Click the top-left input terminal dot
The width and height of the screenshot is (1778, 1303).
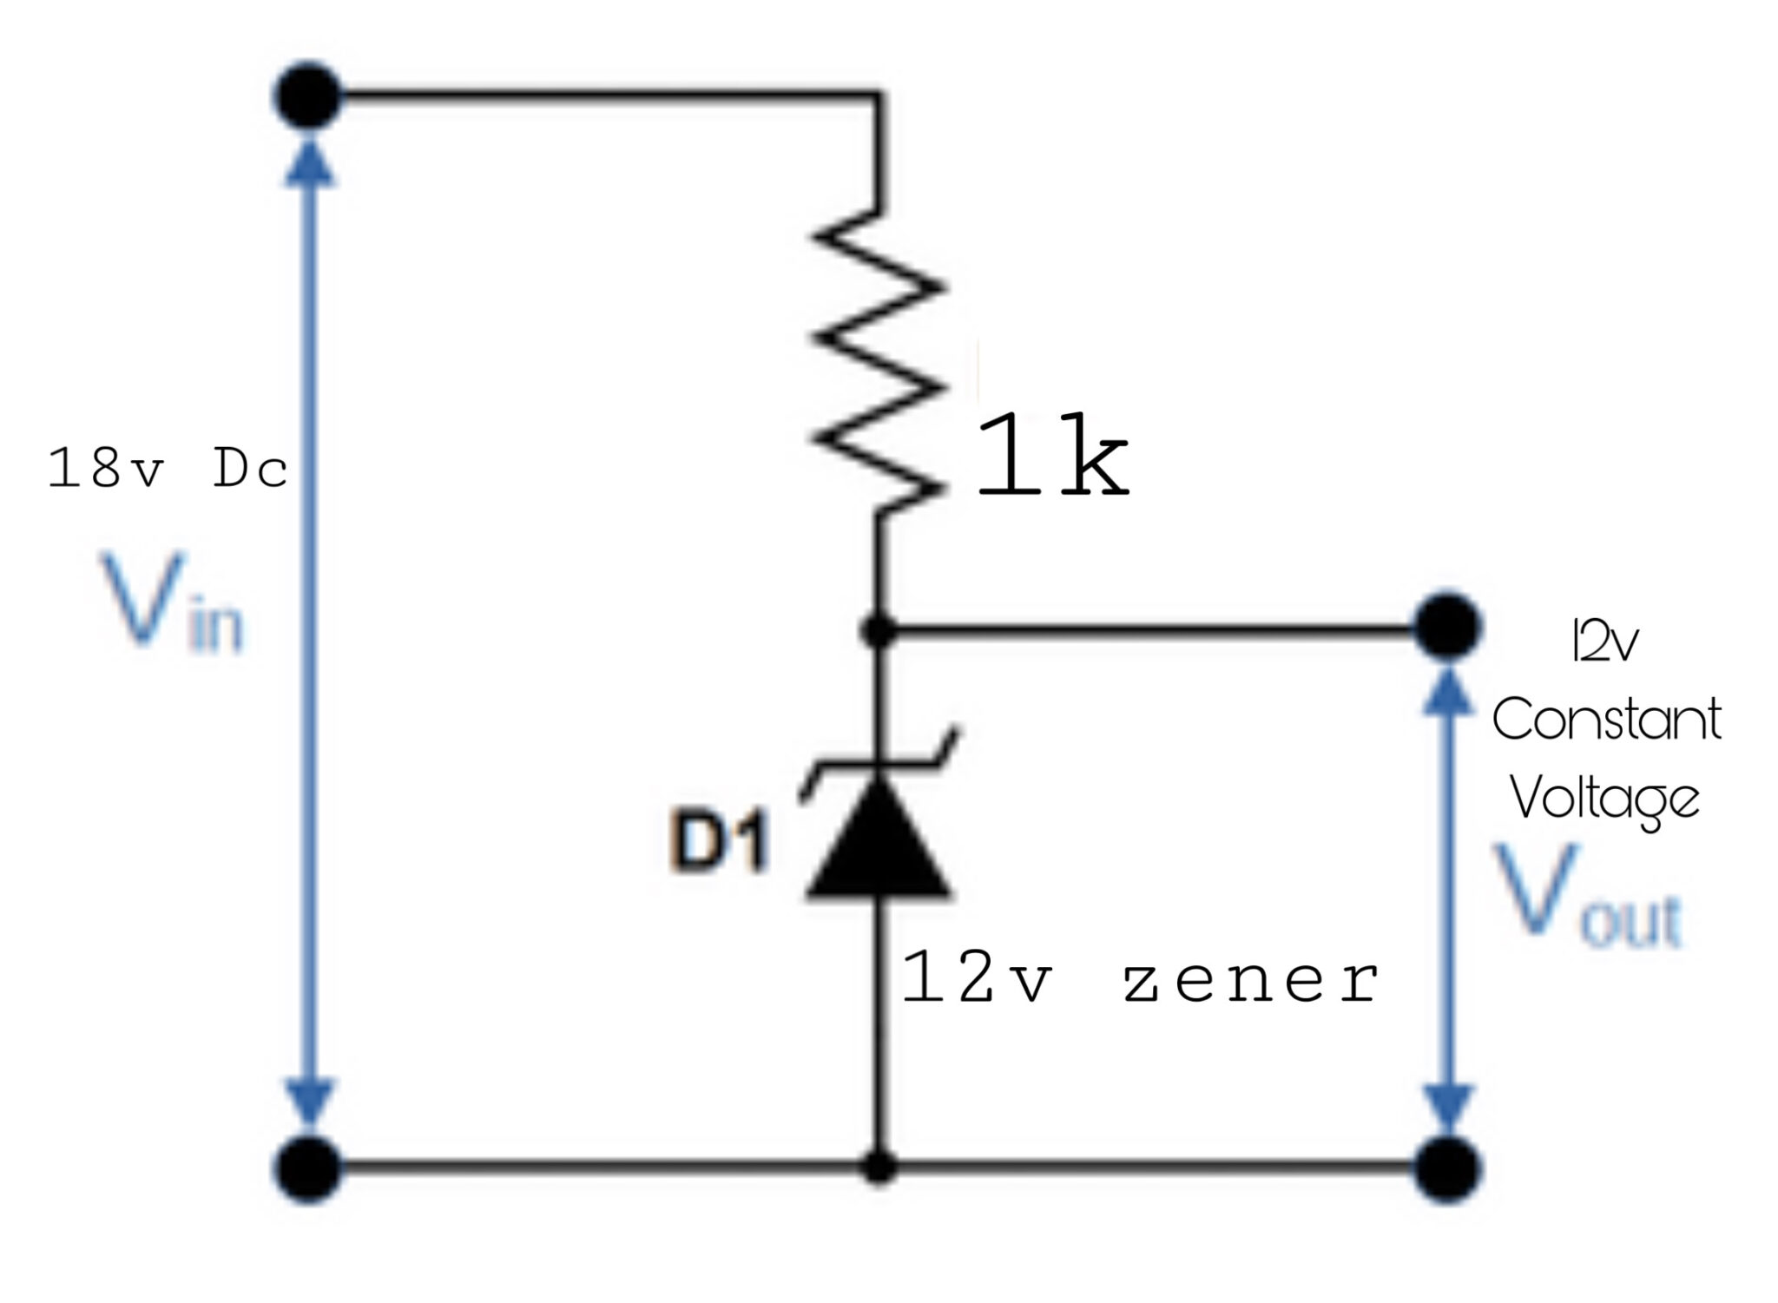tap(308, 95)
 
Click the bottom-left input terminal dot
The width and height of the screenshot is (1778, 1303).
tap(308, 1169)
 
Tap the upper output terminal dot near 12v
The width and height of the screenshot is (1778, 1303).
tap(1446, 626)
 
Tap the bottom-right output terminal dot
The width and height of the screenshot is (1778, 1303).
tap(1446, 1169)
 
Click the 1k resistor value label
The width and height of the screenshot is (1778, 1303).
tap(1053, 457)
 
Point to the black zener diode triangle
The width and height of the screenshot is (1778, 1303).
tap(879, 840)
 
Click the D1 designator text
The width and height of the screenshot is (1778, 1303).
tap(719, 845)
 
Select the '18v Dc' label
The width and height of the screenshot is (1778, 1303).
tap(168, 470)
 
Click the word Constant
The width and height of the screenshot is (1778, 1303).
tap(1606, 720)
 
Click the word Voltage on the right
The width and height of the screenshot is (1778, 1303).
tap(1604, 798)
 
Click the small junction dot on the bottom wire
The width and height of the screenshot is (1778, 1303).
tap(879, 1168)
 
